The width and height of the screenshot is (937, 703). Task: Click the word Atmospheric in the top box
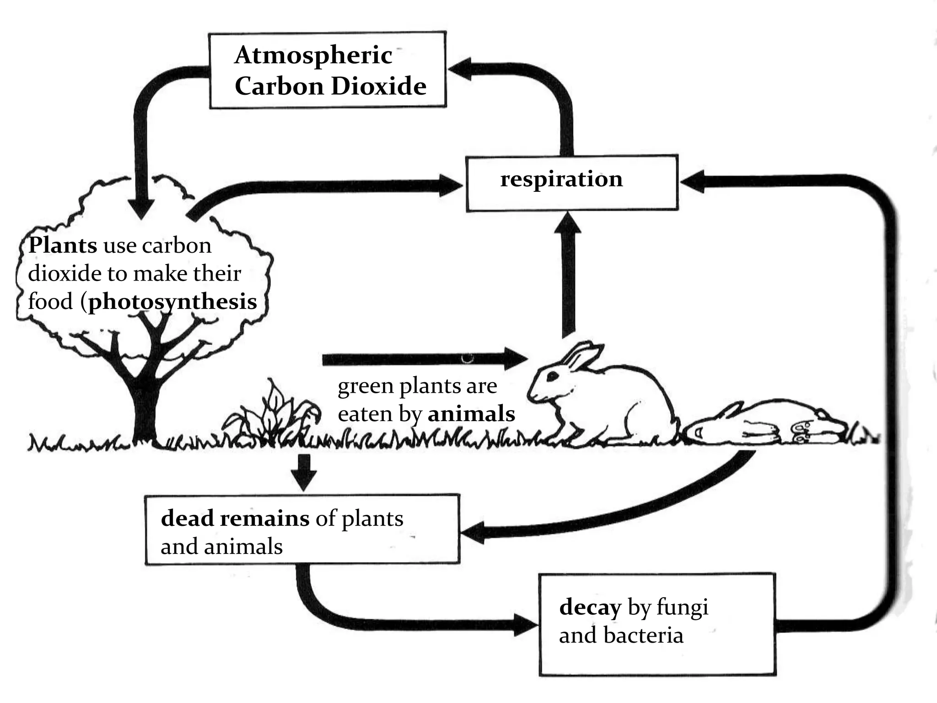point(313,56)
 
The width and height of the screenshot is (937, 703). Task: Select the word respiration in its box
point(561,178)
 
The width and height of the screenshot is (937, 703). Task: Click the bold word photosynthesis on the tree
point(172,302)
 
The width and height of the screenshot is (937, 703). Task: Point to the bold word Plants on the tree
point(63,245)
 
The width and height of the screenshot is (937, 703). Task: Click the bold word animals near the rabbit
point(471,414)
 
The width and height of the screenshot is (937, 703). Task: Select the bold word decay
point(590,607)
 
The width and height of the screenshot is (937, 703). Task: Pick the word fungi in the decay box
point(682,607)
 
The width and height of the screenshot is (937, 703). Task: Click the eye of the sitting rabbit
point(552,375)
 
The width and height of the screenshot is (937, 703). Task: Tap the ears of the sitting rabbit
point(583,356)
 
